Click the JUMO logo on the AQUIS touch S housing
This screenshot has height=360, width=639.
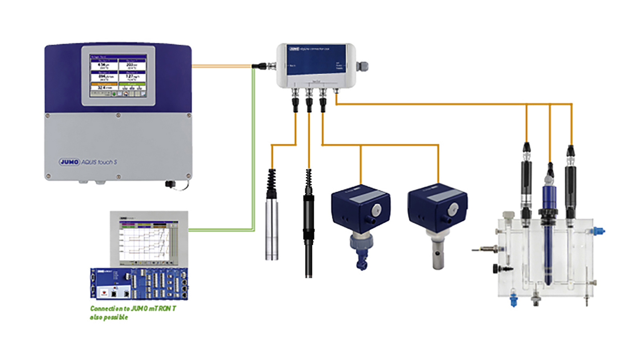(x=69, y=162)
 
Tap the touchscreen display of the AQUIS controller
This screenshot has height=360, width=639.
(x=118, y=75)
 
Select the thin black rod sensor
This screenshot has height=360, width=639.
(x=308, y=239)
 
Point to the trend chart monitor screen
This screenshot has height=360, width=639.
(x=149, y=241)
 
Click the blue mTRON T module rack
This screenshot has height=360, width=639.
(x=139, y=284)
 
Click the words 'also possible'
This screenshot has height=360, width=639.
(x=109, y=317)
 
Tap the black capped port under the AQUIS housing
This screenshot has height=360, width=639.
(x=170, y=184)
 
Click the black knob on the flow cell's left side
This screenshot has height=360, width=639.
(x=496, y=268)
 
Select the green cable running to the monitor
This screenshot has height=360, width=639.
(x=253, y=160)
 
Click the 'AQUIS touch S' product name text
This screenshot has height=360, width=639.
(x=99, y=162)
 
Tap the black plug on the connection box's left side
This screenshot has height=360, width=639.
(x=260, y=65)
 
